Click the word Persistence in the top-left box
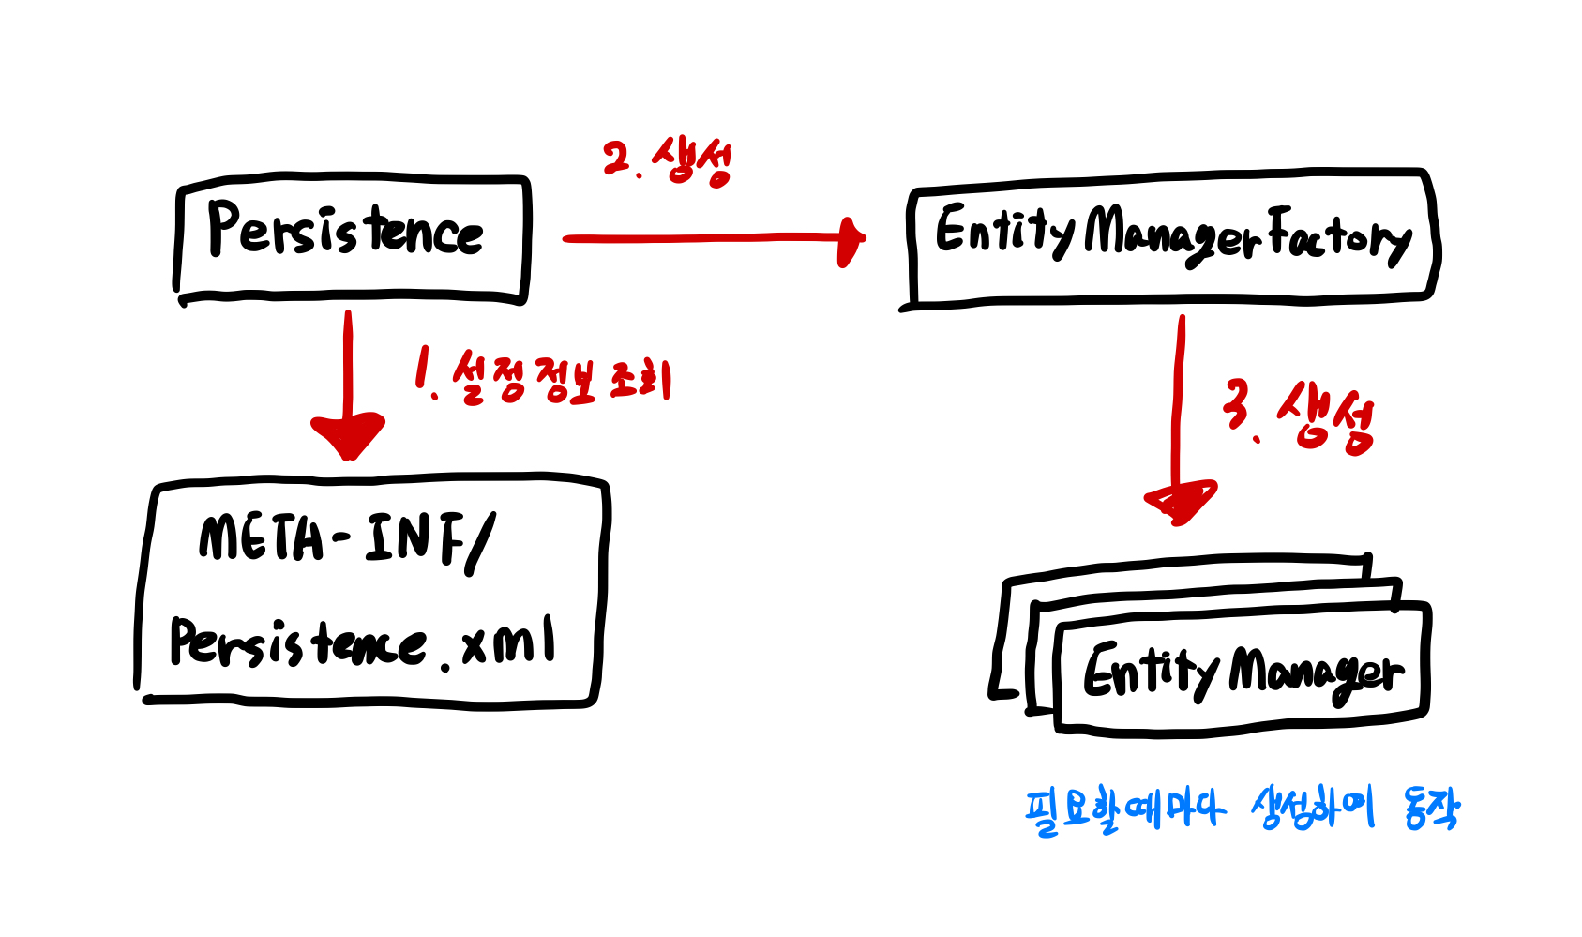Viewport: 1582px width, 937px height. pyautogui.click(x=345, y=230)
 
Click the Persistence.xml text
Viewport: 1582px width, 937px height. pyautogui.click(x=361, y=642)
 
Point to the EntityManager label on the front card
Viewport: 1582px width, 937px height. pyautogui.click(x=1243, y=671)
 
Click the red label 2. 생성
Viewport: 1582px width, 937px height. pyautogui.click(x=667, y=161)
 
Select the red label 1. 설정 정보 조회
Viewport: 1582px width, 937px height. pyautogui.click(x=544, y=377)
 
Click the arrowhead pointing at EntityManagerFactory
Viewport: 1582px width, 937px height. pyautogui.click(x=851, y=241)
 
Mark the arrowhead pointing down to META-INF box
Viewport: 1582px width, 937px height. pyautogui.click(x=348, y=434)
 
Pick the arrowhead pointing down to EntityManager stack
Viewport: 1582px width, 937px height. pyautogui.click(x=1182, y=502)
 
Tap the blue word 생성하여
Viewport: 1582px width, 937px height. pyautogui.click(x=1312, y=808)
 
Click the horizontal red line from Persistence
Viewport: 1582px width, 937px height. pyautogui.click(x=703, y=238)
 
